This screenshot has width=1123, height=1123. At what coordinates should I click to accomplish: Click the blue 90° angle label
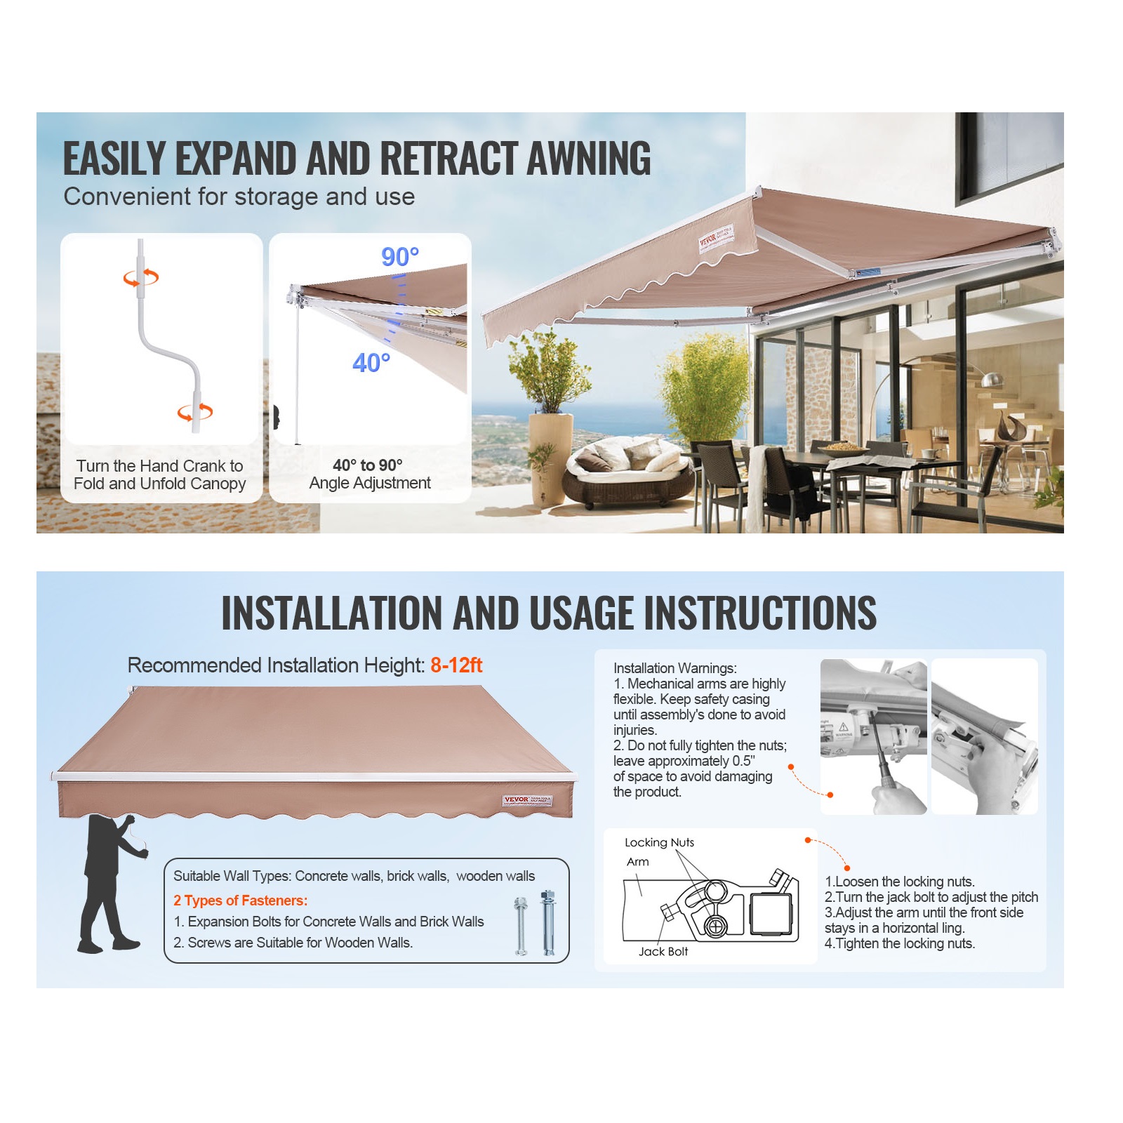click(x=400, y=257)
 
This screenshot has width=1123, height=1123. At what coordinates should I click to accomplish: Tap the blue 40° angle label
click(x=371, y=363)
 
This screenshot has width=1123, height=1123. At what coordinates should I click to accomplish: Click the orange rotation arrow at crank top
click(x=141, y=278)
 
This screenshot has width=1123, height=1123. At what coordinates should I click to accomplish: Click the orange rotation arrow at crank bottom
click(x=194, y=412)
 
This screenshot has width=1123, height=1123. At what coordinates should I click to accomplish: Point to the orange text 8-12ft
click(x=456, y=665)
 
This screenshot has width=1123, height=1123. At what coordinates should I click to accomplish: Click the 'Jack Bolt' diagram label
click(x=663, y=951)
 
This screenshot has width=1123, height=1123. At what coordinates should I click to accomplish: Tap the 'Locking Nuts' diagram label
click(x=659, y=842)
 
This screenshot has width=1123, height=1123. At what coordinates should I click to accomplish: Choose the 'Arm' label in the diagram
click(x=637, y=861)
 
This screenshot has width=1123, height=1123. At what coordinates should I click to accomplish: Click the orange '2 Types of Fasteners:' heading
click(x=240, y=901)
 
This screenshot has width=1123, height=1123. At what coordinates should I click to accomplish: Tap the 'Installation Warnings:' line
click(x=675, y=668)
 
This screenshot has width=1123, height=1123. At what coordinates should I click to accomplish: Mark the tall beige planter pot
click(x=550, y=457)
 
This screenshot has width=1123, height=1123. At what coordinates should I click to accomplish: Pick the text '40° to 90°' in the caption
click(x=368, y=465)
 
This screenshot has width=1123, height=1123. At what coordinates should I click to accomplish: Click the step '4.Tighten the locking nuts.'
click(x=900, y=943)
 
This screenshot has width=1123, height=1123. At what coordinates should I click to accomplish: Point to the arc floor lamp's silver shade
click(x=991, y=380)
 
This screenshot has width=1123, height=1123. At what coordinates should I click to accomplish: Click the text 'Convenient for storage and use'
click(x=239, y=197)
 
